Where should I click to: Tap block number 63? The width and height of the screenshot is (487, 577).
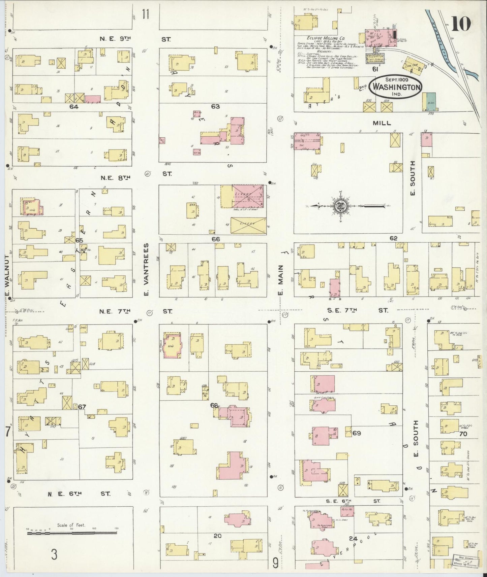click(x=215, y=106)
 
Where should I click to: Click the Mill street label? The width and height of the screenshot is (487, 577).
click(x=382, y=123)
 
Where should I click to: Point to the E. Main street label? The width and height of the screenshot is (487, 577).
click(x=280, y=279)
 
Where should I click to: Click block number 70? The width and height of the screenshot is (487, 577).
click(x=463, y=434)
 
